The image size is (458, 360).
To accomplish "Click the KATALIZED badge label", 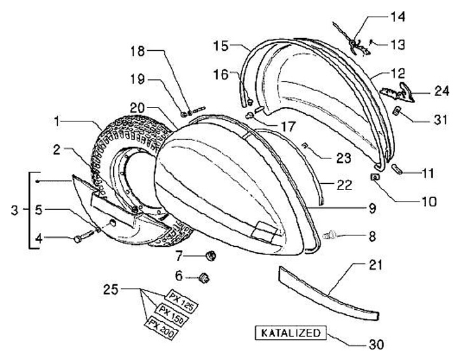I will coord(291,333).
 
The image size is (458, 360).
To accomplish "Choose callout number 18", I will coord(139,50).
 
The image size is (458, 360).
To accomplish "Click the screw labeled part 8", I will coord(331,235).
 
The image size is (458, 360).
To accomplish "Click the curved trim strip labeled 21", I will coord(328,293).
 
